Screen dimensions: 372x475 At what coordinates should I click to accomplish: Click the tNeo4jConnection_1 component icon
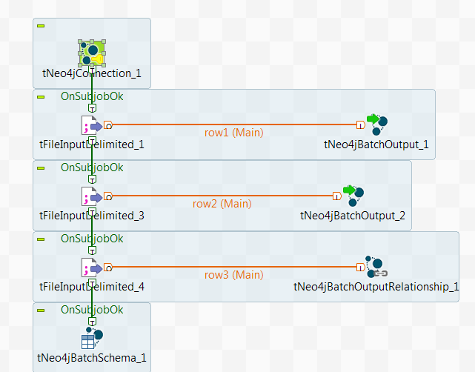point(92,53)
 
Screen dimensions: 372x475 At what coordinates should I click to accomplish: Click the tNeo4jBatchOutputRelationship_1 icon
point(376,267)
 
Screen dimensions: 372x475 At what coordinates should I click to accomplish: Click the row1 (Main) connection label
point(234,133)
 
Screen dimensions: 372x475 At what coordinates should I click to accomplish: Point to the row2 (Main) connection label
point(222,204)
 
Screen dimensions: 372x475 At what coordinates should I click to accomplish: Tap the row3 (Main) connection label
point(234,275)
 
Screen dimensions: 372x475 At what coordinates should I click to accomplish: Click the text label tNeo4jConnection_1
point(92,74)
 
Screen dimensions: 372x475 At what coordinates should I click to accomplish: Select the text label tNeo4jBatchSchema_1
point(92,359)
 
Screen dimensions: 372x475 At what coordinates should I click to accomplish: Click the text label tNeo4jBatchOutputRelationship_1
point(376,287)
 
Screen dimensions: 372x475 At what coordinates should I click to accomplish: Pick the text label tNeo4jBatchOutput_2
point(353,216)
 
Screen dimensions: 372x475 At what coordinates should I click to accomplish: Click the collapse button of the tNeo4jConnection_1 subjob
point(41,26)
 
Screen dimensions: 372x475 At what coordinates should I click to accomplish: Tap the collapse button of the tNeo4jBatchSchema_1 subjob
point(41,310)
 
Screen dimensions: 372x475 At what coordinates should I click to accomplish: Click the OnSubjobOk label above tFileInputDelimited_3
point(92,167)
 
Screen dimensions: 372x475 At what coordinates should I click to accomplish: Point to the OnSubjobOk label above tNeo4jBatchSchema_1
point(92,309)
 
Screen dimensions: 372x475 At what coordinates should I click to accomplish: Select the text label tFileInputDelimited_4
point(92,287)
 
